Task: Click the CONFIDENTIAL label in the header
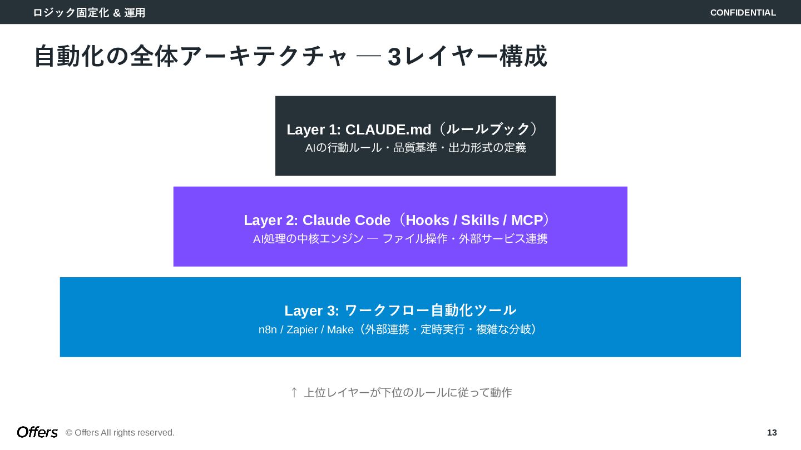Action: pos(743,13)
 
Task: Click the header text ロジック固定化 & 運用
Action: pos(89,13)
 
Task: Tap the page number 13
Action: pos(772,433)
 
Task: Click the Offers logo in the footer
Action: pos(37,432)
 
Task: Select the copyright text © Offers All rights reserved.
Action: pos(120,433)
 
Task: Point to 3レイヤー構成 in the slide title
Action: pos(467,57)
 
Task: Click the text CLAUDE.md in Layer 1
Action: pos(388,129)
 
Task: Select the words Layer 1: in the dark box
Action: pos(314,129)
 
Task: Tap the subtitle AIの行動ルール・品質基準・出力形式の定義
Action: pos(416,148)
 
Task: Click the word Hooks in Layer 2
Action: pos(427,221)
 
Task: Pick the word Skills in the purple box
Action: pos(480,221)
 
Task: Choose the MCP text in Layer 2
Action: pos(527,221)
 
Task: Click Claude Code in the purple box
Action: pos(347,221)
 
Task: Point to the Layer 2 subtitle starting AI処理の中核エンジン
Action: pos(400,239)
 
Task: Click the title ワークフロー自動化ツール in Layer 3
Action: pos(431,311)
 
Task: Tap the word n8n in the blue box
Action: pos(268,330)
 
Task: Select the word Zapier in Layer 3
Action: pos(302,330)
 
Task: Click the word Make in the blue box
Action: pos(340,330)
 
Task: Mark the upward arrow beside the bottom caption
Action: pos(294,392)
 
